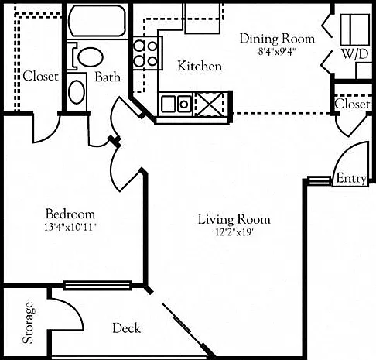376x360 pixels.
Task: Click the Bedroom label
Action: pos(70,214)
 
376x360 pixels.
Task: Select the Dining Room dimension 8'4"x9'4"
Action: pos(276,52)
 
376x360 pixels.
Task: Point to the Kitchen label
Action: pos(200,66)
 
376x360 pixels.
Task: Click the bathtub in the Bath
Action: pos(97,21)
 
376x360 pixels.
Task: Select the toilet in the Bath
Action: pos(86,57)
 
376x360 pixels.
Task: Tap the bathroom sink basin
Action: pos(77,92)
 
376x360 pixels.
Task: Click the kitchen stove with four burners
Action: pos(148,53)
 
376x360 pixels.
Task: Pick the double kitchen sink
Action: pos(176,104)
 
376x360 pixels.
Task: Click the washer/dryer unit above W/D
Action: pos(354,30)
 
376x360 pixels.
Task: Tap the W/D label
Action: pos(355,54)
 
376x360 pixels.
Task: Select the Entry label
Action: pos(351,178)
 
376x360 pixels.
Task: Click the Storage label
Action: pos(28,323)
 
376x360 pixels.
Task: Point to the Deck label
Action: pos(127,328)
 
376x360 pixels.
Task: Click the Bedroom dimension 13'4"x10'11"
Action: pos(70,227)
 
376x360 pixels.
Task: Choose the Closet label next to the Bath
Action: pos(40,76)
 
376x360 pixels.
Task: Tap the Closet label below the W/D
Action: pos(352,104)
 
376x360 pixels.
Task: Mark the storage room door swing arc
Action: pos(76,307)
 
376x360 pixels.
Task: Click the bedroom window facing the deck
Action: pos(97,286)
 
